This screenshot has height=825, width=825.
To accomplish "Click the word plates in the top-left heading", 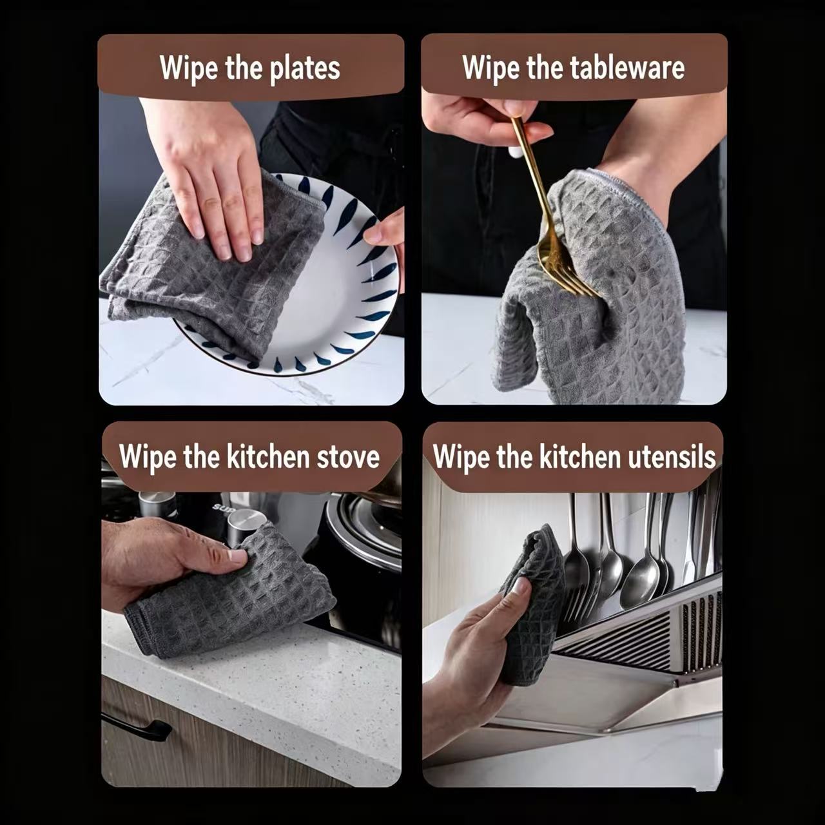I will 304,68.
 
